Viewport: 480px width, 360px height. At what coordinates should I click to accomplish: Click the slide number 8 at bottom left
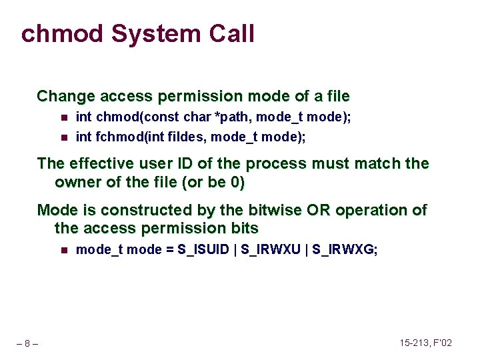[x=27, y=343]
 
